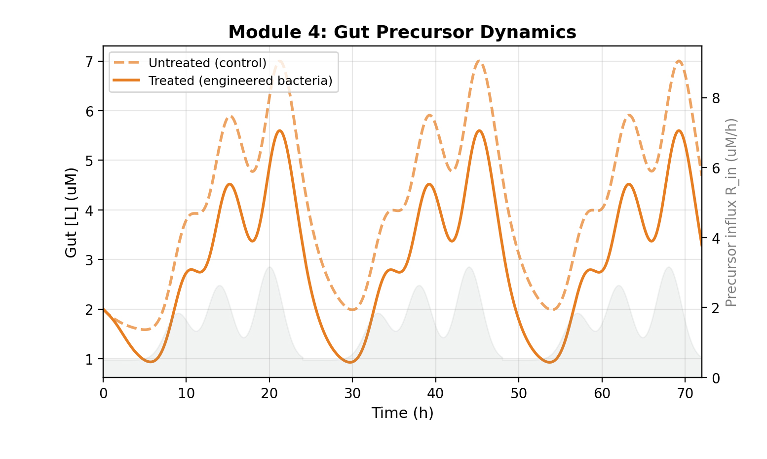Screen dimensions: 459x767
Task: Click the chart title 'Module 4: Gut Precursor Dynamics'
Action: [402, 32]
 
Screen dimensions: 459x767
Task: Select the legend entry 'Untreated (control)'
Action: [207, 63]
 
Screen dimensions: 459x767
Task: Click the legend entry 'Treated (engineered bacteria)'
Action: [240, 81]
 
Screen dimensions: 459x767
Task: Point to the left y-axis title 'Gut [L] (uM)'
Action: [71, 212]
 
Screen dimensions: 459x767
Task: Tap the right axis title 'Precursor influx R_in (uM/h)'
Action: [731, 212]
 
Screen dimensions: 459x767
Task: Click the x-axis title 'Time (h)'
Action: [402, 413]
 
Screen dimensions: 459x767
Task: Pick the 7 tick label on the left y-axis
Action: [89, 62]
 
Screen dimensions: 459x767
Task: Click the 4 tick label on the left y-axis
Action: [89, 210]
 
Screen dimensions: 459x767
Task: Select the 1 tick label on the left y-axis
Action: [89, 359]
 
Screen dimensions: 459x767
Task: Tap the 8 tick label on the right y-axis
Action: [716, 98]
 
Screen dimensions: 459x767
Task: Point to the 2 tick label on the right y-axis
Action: [716, 308]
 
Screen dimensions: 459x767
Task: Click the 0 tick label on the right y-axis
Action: [716, 378]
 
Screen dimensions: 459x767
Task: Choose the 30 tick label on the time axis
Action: [352, 394]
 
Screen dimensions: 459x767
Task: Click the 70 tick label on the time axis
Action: [685, 394]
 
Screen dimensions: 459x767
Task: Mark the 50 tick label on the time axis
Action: [519, 394]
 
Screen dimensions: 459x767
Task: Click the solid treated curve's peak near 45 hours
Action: [479, 130]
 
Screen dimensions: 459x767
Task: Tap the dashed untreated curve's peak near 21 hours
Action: [280, 61]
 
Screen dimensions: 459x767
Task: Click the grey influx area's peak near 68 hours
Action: [669, 267]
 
